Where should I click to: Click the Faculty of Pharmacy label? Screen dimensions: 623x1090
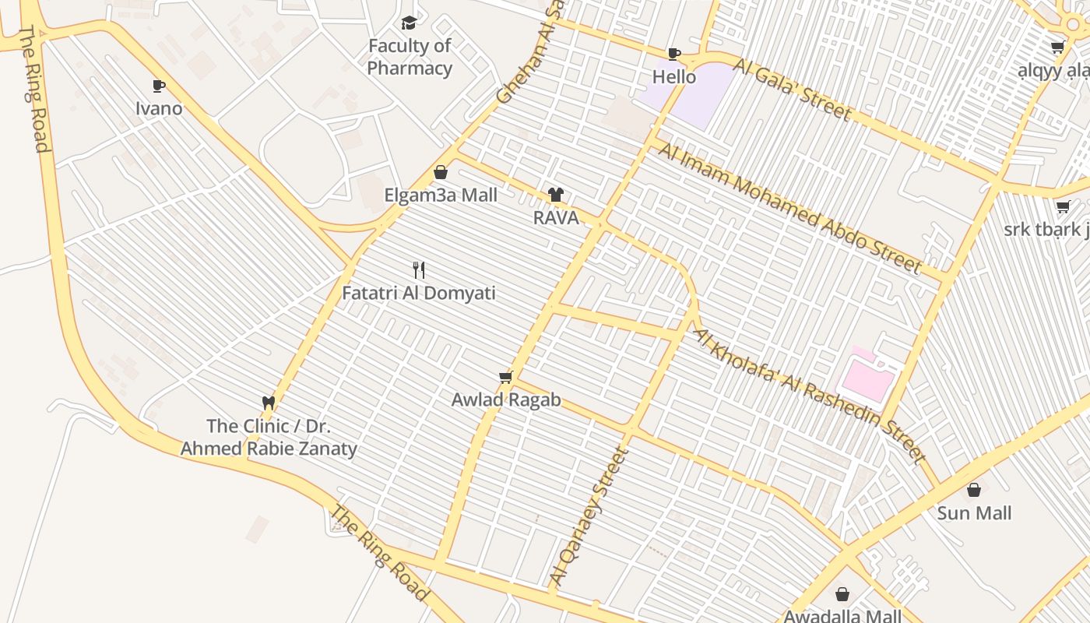click(x=410, y=57)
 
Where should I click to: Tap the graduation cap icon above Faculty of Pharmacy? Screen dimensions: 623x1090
click(x=409, y=23)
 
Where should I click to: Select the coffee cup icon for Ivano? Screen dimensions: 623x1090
click(x=159, y=86)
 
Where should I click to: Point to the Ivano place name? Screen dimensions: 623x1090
click(x=159, y=108)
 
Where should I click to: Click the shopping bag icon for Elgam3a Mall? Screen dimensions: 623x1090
click(x=441, y=172)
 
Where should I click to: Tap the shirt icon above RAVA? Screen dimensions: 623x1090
click(x=555, y=195)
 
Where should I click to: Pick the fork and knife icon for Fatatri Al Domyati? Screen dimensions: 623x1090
click(x=419, y=270)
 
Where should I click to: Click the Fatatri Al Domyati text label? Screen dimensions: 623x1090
click(x=419, y=294)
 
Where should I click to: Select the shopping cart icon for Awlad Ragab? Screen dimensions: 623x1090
click(x=505, y=378)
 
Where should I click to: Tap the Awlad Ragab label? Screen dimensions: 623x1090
click(x=506, y=400)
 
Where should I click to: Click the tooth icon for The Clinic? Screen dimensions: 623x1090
click(x=269, y=403)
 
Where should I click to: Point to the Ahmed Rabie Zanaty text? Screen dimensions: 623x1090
click(x=269, y=449)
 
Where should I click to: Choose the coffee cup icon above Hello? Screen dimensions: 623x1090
click(x=674, y=54)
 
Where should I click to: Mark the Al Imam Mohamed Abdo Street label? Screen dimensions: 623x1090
click(x=789, y=207)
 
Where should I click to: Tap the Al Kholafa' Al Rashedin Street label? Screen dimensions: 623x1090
click(x=810, y=396)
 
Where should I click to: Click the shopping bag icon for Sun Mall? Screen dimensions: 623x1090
click(x=974, y=490)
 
